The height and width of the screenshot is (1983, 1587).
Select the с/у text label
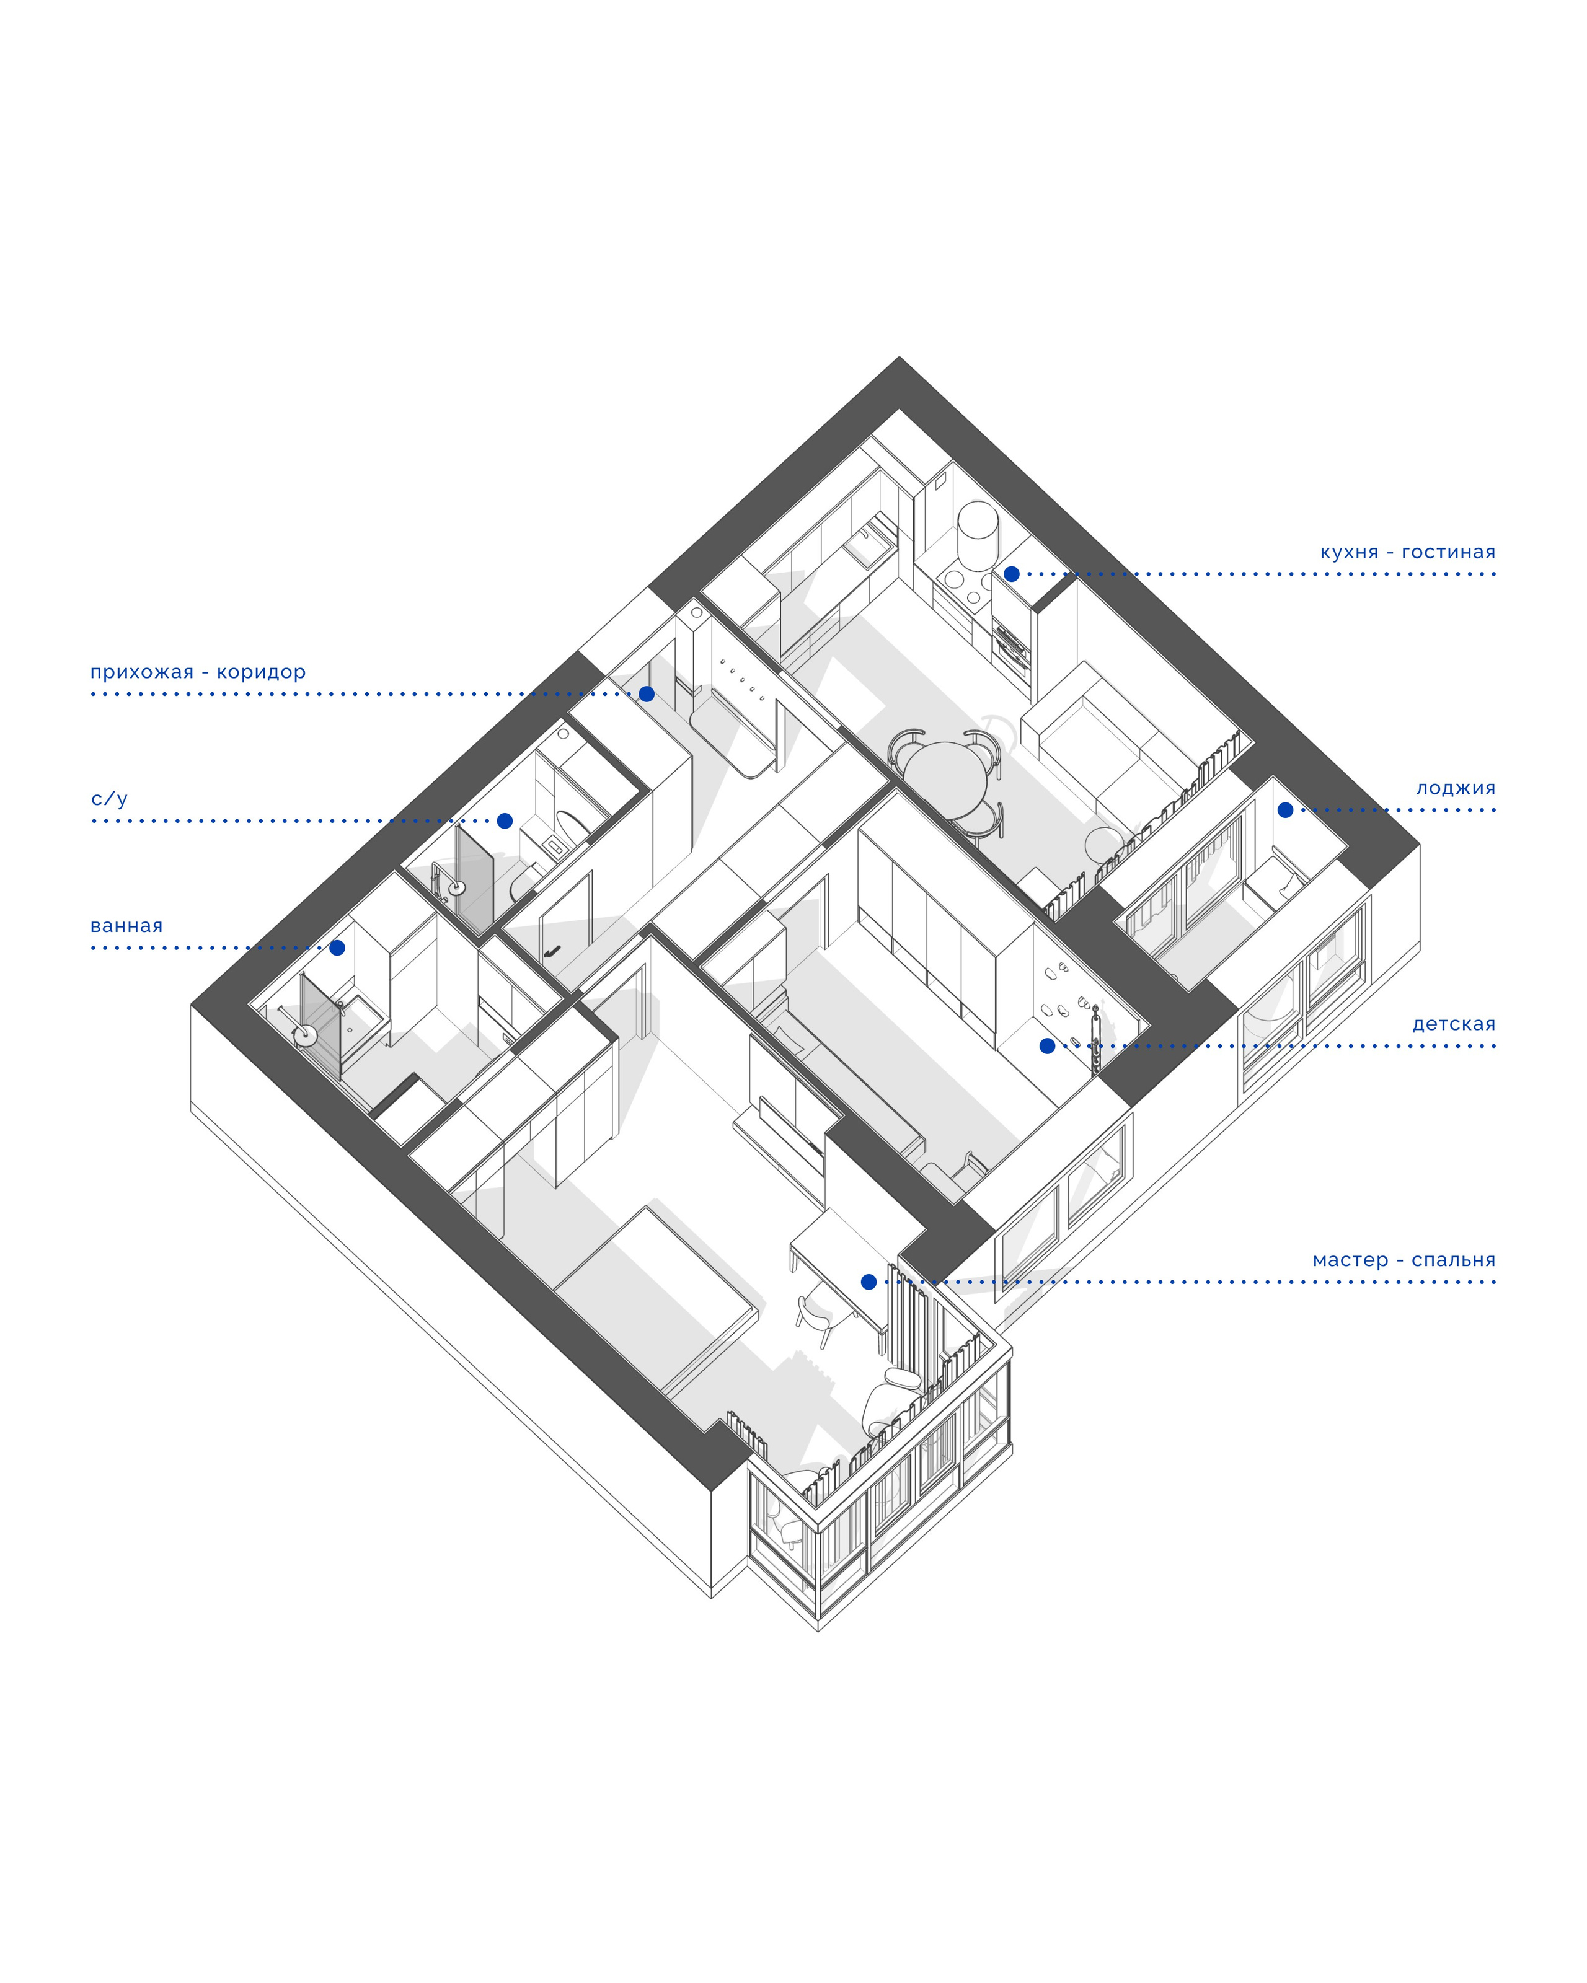108,798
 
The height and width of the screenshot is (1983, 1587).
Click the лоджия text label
1456,788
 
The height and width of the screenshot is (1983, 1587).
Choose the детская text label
1454,1024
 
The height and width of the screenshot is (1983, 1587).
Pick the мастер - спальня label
1404,1260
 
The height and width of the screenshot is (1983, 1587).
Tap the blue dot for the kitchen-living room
1011,574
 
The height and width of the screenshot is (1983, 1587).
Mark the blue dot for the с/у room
504,820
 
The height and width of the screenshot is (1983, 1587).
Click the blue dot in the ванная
338,948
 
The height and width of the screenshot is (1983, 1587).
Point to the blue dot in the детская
1047,1046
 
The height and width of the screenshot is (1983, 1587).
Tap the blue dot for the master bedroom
869,1282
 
